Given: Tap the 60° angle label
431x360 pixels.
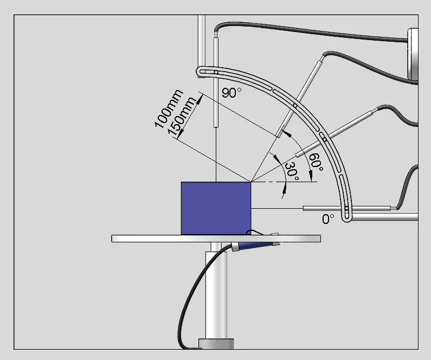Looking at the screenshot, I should [316, 162].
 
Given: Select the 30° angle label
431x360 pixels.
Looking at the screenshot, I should [292, 171].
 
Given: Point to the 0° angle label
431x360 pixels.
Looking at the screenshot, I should [329, 219].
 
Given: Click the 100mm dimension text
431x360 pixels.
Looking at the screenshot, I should [169, 109].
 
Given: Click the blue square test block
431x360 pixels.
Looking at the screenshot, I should [216, 208].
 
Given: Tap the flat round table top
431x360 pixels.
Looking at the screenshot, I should [163, 239].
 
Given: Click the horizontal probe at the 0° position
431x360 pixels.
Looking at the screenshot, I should [347, 208].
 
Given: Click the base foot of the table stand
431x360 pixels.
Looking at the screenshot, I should [217, 343].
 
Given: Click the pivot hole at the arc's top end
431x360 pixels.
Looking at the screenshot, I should [216, 72].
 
